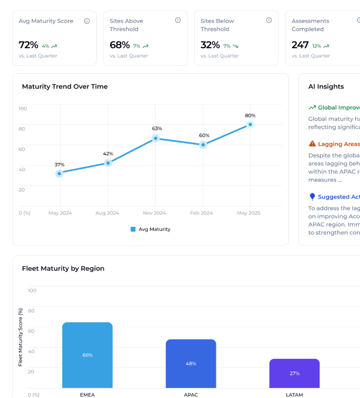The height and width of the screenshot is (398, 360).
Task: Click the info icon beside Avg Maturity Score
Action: [87, 21]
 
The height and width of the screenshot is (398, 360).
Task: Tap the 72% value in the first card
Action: [28, 45]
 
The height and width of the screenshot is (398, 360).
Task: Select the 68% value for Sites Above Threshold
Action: [120, 45]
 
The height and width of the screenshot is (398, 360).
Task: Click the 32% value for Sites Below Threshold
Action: [210, 45]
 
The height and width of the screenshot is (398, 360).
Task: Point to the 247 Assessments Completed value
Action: [300, 45]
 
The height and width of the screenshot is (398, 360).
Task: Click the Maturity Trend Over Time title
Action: [64, 86]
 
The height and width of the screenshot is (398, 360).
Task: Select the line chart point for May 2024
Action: [59, 174]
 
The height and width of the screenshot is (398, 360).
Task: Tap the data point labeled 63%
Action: [156, 138]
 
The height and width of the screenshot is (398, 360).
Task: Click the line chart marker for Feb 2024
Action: [203, 145]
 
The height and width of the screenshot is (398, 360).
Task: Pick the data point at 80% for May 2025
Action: [250, 124]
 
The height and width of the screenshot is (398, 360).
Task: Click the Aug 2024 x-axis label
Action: [108, 213]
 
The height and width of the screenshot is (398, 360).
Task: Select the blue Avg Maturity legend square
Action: [133, 229]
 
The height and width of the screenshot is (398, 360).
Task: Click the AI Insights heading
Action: [326, 86]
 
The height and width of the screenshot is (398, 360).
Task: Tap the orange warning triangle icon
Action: [312, 144]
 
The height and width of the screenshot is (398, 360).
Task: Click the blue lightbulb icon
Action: [312, 197]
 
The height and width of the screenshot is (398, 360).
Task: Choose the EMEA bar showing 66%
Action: [87, 355]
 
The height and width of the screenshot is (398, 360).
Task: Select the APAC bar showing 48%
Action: [191, 363]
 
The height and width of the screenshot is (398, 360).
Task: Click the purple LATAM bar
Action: [294, 373]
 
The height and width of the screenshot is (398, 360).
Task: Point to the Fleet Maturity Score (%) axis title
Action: [21, 337]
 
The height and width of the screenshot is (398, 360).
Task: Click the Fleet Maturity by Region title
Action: [63, 268]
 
